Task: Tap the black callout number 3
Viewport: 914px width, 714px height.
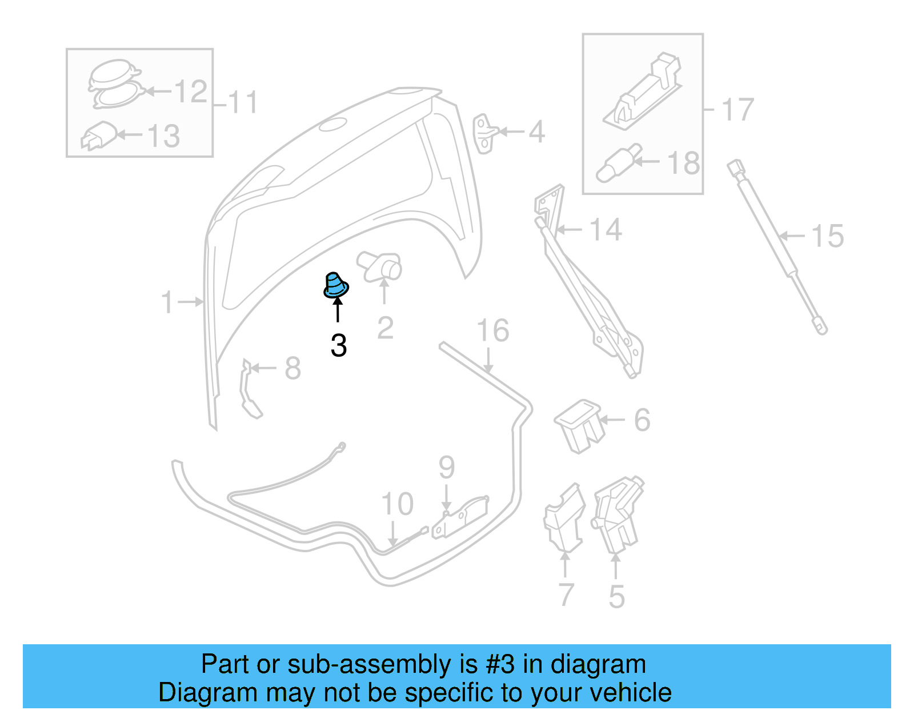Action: (x=339, y=346)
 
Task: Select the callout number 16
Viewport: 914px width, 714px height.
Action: (x=492, y=331)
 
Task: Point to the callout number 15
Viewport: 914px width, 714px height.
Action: (x=827, y=236)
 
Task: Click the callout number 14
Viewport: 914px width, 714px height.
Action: (x=605, y=230)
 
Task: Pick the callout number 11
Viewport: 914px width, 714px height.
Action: (x=243, y=103)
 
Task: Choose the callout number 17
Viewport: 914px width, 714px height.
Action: (x=737, y=110)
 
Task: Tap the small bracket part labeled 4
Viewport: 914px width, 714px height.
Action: (x=484, y=133)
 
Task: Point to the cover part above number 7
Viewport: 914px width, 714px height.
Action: (x=564, y=518)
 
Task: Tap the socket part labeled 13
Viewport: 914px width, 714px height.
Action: (x=99, y=135)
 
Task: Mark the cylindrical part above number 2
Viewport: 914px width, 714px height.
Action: (x=380, y=265)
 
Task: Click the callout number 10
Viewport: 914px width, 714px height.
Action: (x=397, y=504)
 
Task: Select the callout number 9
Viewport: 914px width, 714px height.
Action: (x=447, y=468)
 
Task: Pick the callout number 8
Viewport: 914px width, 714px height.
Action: (x=292, y=368)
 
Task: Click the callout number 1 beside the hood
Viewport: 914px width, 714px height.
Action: (x=167, y=302)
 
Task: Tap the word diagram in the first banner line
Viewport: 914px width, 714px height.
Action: (x=598, y=664)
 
